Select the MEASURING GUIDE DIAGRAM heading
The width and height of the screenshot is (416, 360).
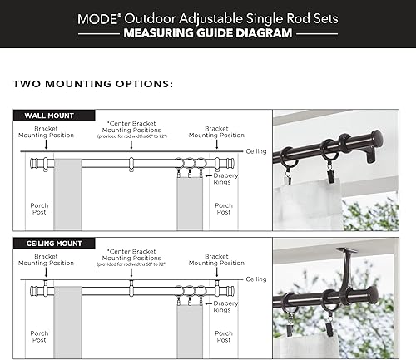pos(208,34)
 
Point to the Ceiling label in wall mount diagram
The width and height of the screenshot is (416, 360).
pos(256,151)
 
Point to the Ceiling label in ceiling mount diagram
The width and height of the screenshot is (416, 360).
pos(256,279)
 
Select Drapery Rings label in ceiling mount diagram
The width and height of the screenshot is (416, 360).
pos(224,308)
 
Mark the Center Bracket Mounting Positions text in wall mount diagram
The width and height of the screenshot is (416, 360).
pos(131,132)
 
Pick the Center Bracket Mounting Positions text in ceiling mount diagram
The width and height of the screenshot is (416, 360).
pos(131,259)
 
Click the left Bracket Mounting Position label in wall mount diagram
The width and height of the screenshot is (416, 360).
pos(47,132)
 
